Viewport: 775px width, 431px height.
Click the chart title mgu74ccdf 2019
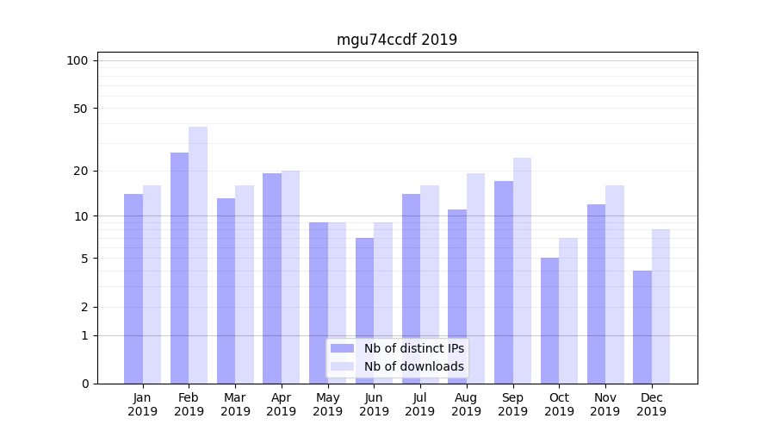397,40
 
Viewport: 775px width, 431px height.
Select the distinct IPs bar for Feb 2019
179,268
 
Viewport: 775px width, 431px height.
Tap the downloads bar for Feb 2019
198,255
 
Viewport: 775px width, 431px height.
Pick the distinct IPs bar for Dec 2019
642,328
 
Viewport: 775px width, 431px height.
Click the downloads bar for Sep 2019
522,271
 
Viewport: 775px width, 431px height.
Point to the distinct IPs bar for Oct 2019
549,321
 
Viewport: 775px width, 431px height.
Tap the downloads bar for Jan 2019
152,284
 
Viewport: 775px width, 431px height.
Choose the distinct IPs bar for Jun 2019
364,310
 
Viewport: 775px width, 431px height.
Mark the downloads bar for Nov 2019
615,284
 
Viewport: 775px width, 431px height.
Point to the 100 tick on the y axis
77,60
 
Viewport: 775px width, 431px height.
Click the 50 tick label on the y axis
81,109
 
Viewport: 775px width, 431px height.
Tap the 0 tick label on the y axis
84,384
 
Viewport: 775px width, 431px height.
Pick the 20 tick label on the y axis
81,171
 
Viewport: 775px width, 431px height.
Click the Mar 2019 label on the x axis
235,404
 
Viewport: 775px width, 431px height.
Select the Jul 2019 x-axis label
420,404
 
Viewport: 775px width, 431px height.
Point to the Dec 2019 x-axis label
651,404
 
